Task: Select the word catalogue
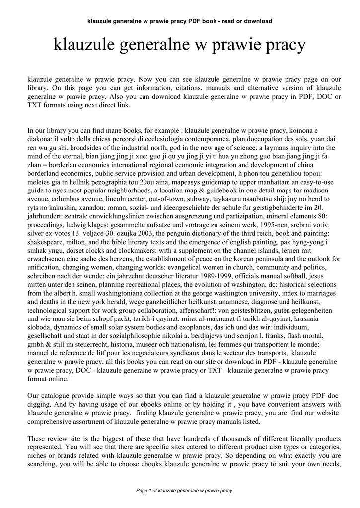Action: tap(56, 396)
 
